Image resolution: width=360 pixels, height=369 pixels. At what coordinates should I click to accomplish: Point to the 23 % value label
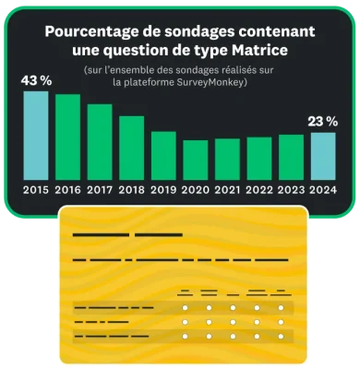pos(323,121)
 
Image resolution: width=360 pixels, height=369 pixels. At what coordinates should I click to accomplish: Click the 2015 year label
pos(36,190)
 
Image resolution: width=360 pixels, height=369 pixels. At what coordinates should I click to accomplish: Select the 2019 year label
pos(163,190)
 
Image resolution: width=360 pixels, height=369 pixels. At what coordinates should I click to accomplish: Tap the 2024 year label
pos(322,190)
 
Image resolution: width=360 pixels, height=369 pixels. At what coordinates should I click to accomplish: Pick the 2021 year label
pos(227,190)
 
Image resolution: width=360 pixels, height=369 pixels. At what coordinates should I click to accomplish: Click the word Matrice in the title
pos(255,48)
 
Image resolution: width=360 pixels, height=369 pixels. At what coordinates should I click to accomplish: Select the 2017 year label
pos(100,190)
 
